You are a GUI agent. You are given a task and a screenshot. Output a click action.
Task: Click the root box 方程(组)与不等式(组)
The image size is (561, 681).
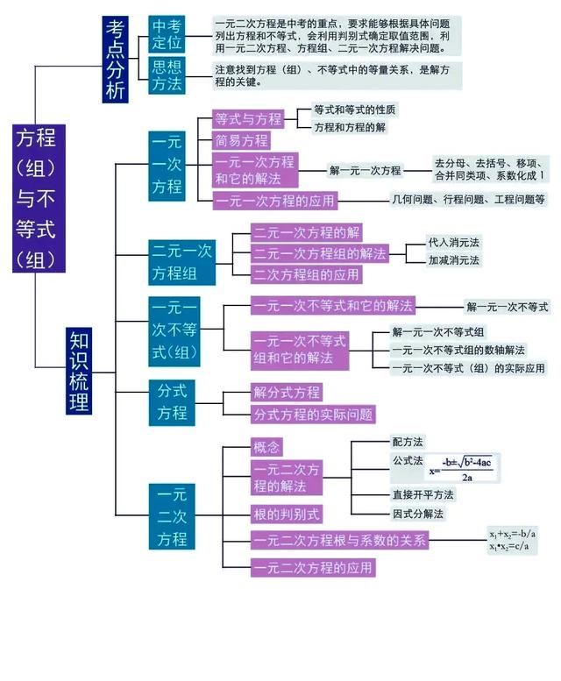(36, 198)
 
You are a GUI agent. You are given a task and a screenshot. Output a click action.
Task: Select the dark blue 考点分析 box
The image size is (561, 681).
(115, 59)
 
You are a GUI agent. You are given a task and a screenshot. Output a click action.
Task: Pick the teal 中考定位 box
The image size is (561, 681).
(167, 34)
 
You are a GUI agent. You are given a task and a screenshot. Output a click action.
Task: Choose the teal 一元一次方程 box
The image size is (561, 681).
(167, 164)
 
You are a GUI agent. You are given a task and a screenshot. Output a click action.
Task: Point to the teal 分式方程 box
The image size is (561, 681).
(172, 401)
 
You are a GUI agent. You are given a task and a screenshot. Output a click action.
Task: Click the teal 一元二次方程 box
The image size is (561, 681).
(172, 517)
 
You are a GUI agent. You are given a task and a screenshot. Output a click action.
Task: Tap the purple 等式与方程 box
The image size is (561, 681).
(248, 119)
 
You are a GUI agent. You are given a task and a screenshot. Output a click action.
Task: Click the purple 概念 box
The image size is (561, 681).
(266, 447)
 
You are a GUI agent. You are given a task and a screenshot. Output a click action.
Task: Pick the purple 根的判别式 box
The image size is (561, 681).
(286, 514)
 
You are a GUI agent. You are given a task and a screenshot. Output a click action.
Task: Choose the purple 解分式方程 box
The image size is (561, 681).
(287, 393)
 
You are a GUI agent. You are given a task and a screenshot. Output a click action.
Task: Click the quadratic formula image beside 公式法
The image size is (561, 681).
(461, 468)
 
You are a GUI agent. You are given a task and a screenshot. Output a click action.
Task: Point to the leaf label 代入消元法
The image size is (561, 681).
(453, 242)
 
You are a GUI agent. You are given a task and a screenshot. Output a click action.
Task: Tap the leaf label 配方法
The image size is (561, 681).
(408, 442)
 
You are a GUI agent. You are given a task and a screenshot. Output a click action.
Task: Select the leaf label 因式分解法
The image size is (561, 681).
(418, 514)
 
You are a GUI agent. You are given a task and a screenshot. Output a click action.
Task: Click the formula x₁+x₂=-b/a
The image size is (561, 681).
(513, 533)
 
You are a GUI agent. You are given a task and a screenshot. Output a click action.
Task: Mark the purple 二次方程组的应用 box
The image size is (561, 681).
(306, 274)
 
